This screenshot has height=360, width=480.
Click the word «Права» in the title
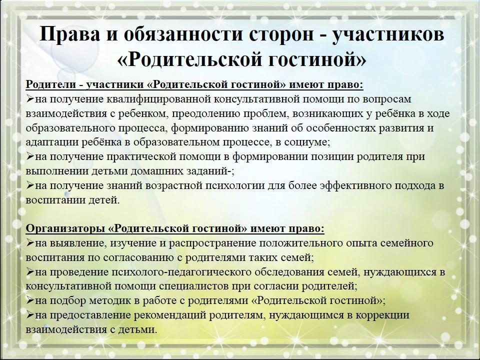click(70, 33)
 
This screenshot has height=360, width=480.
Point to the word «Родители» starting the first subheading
click(51, 84)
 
